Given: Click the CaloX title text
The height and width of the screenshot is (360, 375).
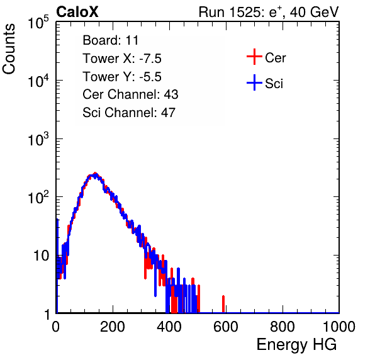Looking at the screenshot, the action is click(77, 12).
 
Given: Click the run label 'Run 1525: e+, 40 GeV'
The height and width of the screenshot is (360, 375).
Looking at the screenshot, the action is click(269, 12).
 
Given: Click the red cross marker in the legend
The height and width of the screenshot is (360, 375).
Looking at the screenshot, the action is click(254, 57).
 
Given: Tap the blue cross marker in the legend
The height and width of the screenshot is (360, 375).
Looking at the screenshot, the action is click(254, 82).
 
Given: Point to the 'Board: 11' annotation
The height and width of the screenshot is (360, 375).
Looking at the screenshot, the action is click(111, 40).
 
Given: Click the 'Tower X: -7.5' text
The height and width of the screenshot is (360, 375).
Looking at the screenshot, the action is click(122, 59).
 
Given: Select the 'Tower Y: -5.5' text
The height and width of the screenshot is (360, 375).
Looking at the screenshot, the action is click(122, 77).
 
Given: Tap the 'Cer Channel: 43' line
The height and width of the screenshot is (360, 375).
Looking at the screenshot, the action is click(130, 94).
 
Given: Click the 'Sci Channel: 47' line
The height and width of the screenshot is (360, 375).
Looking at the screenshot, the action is click(129, 113).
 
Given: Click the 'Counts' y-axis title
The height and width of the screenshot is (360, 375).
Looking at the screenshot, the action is click(9, 49).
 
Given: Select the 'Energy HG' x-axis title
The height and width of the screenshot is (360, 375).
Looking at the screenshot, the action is click(296, 345).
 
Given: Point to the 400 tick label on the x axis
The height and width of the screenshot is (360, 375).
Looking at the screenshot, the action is click(169, 327).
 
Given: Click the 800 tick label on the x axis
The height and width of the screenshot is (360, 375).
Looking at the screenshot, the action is click(283, 327).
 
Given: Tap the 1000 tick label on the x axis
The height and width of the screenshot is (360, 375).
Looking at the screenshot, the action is click(339, 327).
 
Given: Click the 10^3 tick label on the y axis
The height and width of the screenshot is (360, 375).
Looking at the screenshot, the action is click(38, 139).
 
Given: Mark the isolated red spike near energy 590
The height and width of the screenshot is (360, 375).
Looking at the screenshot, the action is click(223, 304).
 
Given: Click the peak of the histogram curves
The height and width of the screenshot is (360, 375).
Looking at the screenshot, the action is click(95, 174).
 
